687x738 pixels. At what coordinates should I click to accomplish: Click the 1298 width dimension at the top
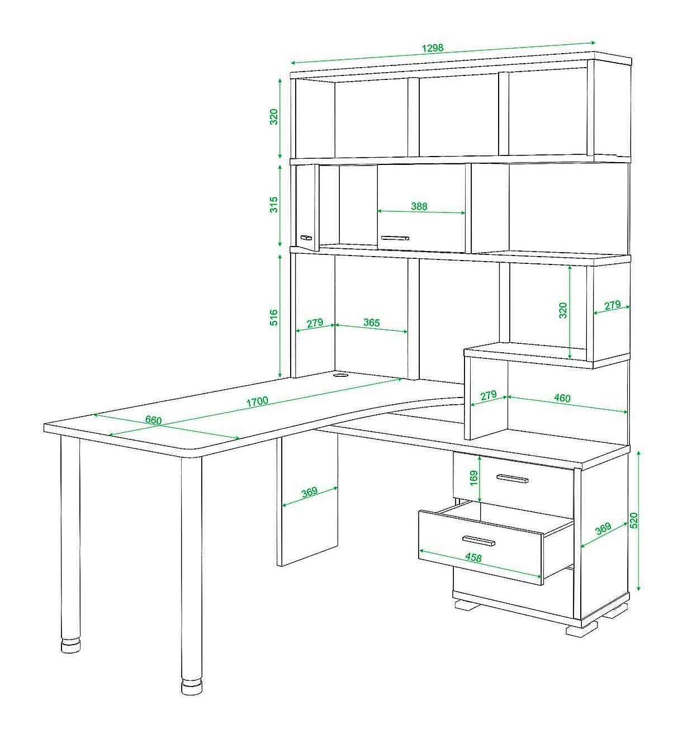433,48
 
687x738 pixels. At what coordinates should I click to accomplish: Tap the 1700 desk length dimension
257,401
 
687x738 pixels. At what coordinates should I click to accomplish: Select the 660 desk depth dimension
153,420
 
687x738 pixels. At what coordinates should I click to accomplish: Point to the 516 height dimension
273,318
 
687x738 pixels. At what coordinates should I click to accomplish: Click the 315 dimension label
273,205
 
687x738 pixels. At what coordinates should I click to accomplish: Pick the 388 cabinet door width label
419,206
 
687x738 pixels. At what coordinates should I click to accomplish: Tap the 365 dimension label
372,322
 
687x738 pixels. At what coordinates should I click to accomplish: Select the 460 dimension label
562,398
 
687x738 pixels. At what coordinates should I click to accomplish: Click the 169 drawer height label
473,478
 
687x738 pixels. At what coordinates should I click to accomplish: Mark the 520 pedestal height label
634,521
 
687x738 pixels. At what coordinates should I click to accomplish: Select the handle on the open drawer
479,541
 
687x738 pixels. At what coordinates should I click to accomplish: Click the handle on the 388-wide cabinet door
395,238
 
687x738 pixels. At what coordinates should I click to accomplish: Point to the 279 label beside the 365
315,323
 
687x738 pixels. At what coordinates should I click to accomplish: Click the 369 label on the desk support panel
309,491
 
